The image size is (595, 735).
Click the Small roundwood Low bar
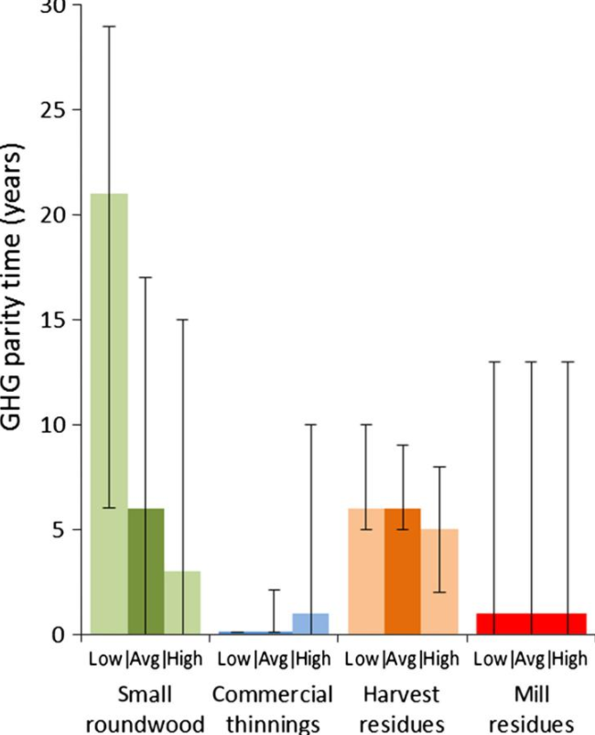pos(109,412)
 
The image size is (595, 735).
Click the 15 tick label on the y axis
pos(58,319)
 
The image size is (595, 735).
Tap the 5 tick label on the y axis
pos(63,529)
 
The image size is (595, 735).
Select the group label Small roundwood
pos(146,708)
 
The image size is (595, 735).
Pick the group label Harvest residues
pos(402,708)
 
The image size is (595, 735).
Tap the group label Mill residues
pos(531,708)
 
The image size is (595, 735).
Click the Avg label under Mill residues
pos(533,657)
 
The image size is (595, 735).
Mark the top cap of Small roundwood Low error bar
pos(109,27)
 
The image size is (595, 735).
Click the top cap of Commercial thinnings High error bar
pos(310,425)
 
